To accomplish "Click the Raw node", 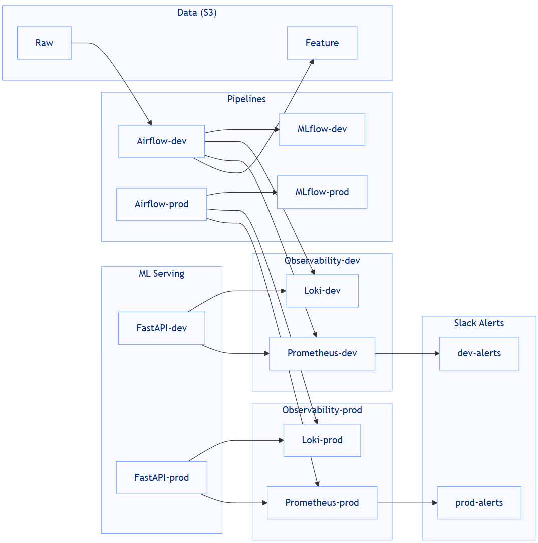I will tap(44, 43).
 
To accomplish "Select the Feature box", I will tap(322, 43).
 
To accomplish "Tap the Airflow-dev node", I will tap(161, 141).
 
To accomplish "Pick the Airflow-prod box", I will tap(161, 204).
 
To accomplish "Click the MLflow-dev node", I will tap(322, 129).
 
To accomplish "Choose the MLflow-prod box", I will tap(322, 192).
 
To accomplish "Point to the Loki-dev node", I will tap(322, 291).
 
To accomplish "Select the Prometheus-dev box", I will tap(322, 353).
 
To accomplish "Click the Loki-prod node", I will tap(322, 440).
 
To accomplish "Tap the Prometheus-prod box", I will tap(322, 503).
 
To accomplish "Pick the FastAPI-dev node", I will tap(161, 328).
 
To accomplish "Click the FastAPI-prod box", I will tap(161, 478).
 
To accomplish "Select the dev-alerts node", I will tap(479, 353).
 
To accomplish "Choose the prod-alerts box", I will tap(479, 503).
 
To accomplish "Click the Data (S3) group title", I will tap(197, 13).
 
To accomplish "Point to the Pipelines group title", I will tap(246, 99).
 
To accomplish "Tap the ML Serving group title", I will tap(161, 274).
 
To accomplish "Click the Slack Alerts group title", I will tap(479, 323).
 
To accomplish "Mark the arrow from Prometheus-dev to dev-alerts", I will tap(407, 353).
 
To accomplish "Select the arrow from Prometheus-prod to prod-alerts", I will tap(407, 503).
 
